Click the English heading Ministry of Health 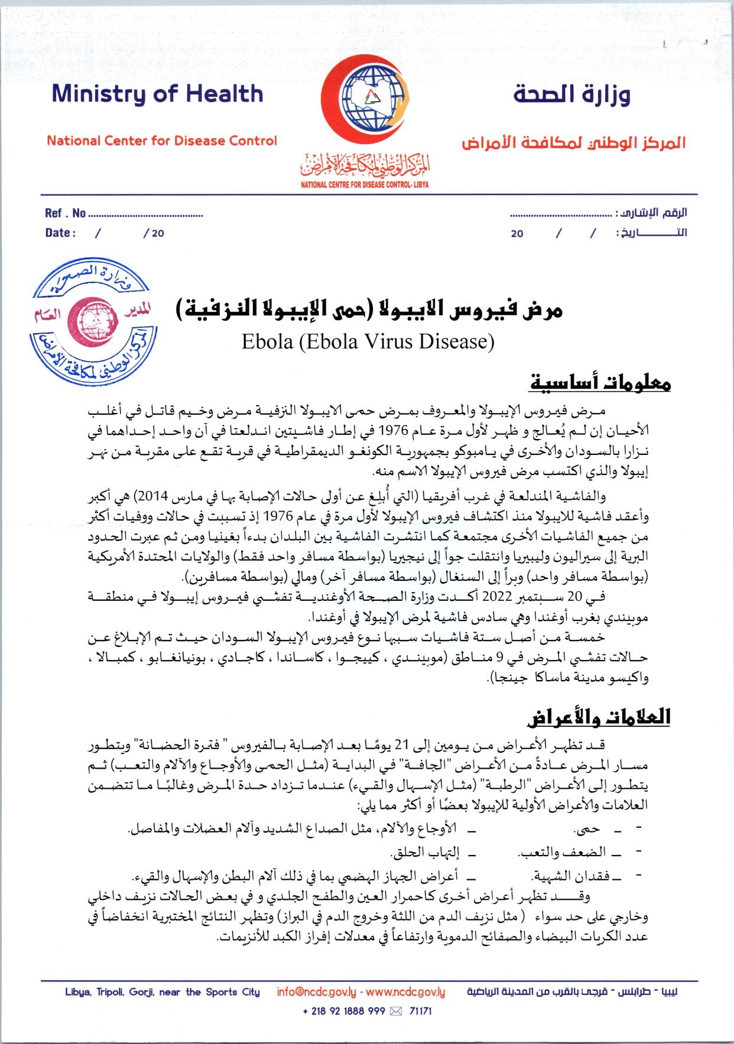(157, 95)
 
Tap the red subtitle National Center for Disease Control (161, 141)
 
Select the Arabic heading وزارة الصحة (571, 95)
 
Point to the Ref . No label (65, 213)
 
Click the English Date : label (60, 233)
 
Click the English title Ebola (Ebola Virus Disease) (367, 342)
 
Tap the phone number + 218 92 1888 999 (344, 1011)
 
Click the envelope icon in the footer (396, 1011)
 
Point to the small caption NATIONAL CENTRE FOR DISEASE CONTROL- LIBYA (365, 184)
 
